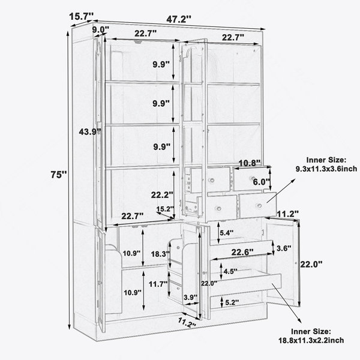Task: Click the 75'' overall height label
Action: [x=59, y=175]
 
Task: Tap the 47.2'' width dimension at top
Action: [x=179, y=19]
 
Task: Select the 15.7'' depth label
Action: [x=81, y=16]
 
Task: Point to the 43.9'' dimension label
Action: [x=90, y=132]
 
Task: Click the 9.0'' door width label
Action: [x=101, y=29]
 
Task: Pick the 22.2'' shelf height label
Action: [x=162, y=195]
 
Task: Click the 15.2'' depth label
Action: [x=166, y=209]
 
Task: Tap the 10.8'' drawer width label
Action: [x=250, y=163]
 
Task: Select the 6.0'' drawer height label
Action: [x=261, y=182]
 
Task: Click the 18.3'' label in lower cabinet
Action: [x=160, y=254]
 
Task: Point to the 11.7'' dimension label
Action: [x=158, y=284]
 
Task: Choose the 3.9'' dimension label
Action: [x=191, y=298]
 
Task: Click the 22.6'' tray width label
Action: [x=242, y=252]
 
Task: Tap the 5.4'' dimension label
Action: [x=227, y=233]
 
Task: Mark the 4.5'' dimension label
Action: [x=231, y=271]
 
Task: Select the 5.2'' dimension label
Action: [x=232, y=302]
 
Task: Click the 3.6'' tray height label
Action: [x=284, y=248]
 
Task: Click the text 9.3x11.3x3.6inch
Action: [x=326, y=169]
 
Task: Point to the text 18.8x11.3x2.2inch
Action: [x=311, y=340]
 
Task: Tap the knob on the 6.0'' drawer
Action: [x=253, y=178]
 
